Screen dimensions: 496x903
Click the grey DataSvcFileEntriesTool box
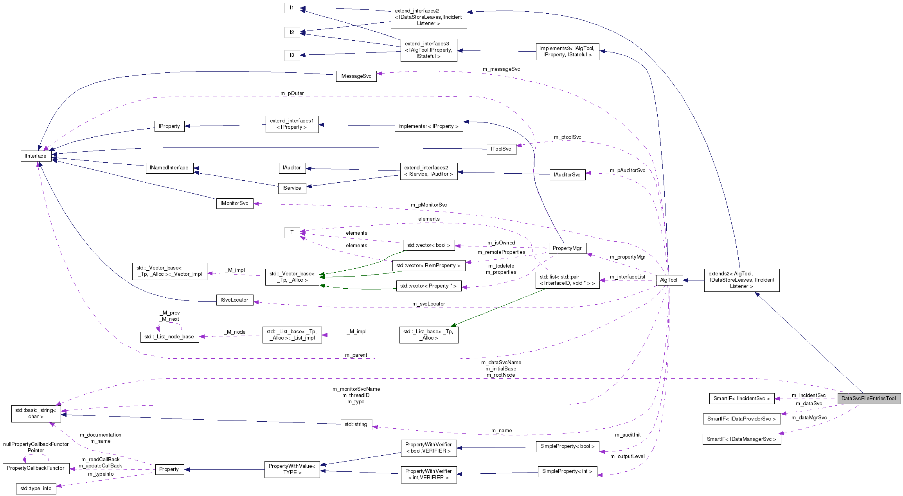point(869,399)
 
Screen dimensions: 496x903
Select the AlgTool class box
point(669,280)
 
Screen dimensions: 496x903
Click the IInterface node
point(36,156)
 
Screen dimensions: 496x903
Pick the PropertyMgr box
point(567,248)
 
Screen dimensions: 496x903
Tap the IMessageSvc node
point(356,76)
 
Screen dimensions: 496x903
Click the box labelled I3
point(292,55)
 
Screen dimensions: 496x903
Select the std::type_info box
point(36,489)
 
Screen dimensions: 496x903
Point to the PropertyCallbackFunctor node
point(36,468)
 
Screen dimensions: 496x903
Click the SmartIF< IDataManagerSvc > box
point(741,439)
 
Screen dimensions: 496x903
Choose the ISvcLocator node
point(234,300)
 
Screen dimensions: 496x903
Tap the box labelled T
point(292,233)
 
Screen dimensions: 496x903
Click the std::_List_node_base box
point(169,337)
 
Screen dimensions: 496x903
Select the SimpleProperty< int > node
point(567,471)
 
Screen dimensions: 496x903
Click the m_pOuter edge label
point(292,93)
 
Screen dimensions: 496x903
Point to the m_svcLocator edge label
point(428,304)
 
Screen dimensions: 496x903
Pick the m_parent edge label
point(356,355)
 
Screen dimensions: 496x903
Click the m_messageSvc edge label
point(501,69)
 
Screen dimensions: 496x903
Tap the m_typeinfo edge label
point(101,474)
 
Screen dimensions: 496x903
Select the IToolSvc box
point(501,149)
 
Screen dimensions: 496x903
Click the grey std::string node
point(356,424)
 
